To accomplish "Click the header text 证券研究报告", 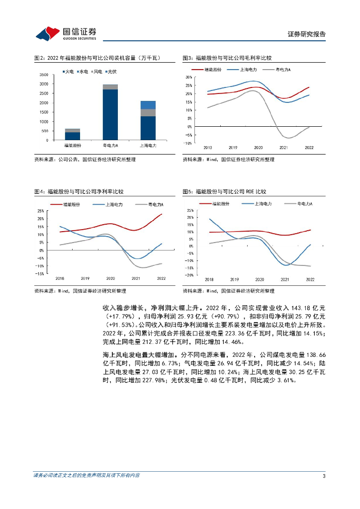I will [307, 34].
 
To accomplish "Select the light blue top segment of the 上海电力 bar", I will [148, 104].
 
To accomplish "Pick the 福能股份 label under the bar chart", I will [72, 146].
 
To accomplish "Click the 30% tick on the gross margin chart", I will [188, 78].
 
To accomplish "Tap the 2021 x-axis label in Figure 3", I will [283, 148].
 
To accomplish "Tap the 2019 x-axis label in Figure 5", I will [234, 280].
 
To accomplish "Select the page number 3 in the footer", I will [324, 476].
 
